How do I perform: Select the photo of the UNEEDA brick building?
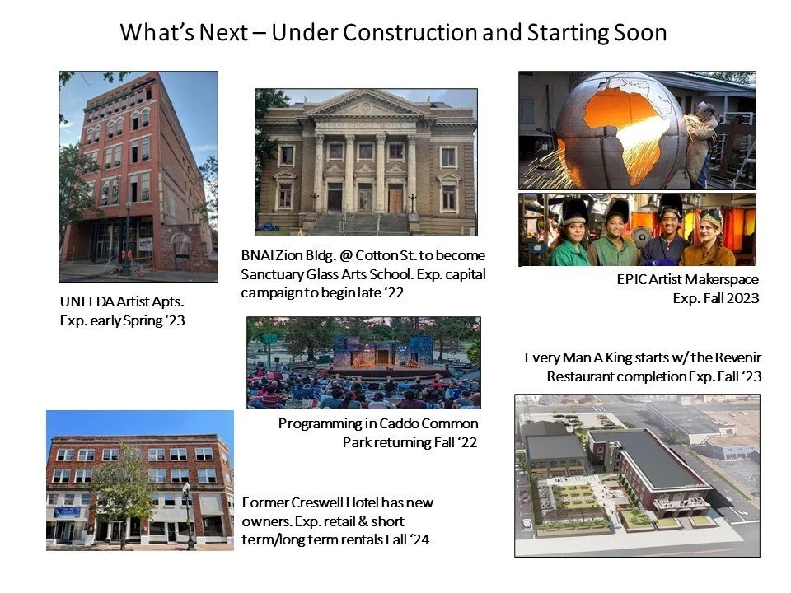138,176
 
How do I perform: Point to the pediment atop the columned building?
367,105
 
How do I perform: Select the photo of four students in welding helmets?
637,230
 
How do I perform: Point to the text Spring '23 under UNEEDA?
157,320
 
